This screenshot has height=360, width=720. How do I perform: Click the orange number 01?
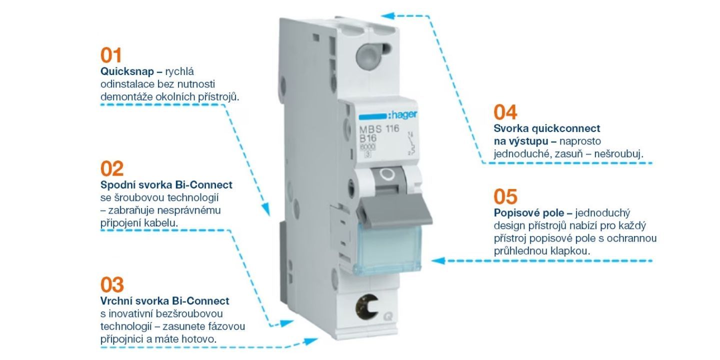[x=111, y=55]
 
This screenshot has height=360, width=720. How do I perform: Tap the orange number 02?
[x=112, y=169]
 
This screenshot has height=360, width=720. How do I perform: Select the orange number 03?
[x=112, y=285]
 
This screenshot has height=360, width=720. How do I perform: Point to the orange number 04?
[x=505, y=112]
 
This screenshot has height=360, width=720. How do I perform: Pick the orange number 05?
[x=505, y=197]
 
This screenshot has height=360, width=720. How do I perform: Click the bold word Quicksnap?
[x=127, y=71]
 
